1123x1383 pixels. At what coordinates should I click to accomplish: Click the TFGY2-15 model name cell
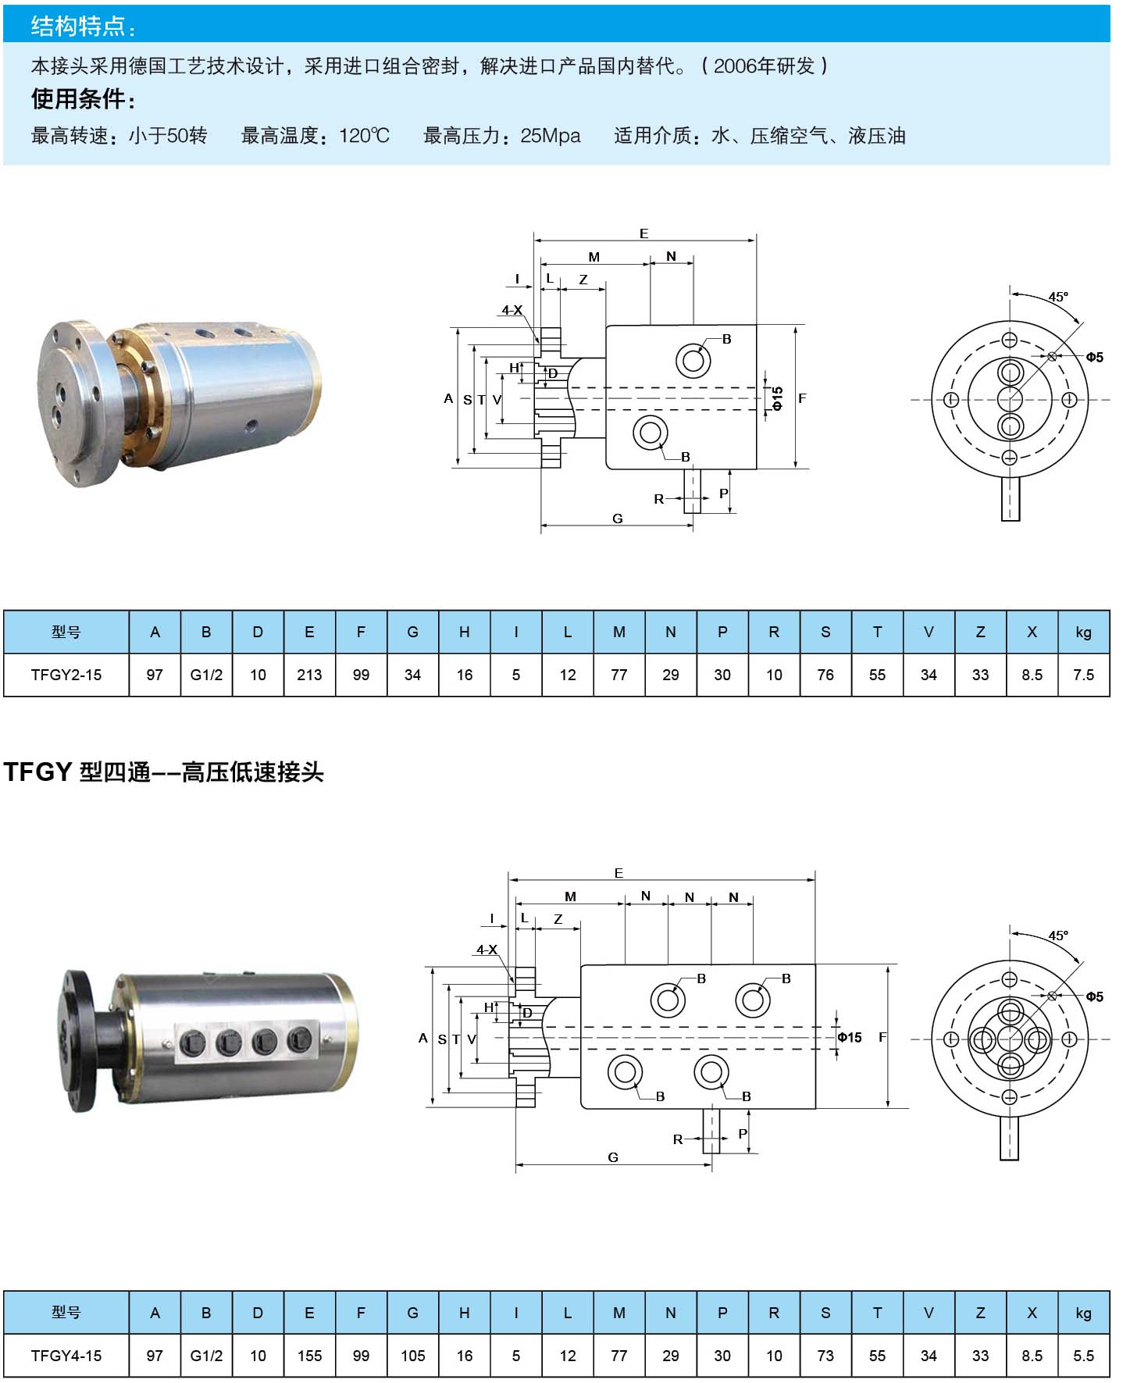tap(66, 675)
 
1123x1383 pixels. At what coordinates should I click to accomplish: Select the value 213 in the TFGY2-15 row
tap(309, 675)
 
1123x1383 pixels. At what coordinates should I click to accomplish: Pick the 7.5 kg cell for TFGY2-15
tap(1083, 675)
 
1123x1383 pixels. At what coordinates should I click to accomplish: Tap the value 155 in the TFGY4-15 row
tap(309, 1356)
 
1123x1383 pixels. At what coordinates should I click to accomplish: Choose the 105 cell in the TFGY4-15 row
tap(412, 1356)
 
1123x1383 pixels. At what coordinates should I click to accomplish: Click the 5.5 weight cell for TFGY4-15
tap(1083, 1356)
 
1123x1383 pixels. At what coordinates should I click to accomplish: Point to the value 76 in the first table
tap(825, 675)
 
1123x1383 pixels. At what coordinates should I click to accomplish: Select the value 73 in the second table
tap(825, 1356)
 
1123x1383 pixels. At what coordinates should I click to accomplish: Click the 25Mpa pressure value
tap(551, 136)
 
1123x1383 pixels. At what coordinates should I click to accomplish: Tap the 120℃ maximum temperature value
tap(364, 136)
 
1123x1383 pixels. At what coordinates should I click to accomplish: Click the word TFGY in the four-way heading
tap(37, 772)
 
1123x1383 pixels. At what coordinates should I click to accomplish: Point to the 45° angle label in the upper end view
tap(1058, 297)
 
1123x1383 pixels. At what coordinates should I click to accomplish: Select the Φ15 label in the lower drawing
tap(850, 1037)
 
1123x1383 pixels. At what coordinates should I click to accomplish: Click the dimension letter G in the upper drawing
tap(618, 519)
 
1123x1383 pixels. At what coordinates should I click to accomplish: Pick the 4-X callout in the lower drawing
tap(487, 950)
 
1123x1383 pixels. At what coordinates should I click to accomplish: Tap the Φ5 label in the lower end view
tap(1094, 996)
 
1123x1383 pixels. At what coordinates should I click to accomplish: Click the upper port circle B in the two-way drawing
tap(693, 361)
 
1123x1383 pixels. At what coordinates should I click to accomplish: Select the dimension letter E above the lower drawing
tap(619, 873)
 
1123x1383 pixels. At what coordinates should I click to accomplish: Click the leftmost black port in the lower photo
tap(192, 1041)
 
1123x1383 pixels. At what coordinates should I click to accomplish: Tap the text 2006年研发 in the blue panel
tap(764, 66)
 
